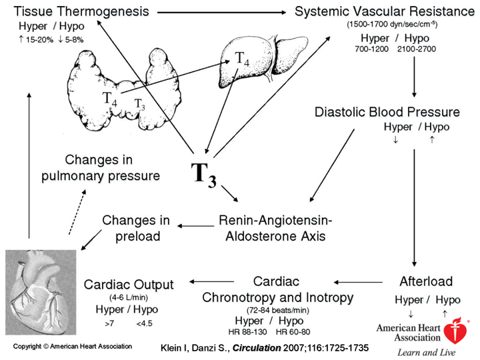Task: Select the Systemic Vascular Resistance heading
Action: tap(381, 11)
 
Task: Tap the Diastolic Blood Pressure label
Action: tap(387, 111)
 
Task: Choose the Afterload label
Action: tap(426, 281)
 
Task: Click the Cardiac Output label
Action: tap(129, 285)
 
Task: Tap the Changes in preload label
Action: tap(136, 227)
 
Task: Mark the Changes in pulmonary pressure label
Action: tap(112, 169)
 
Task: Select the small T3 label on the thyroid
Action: tap(139, 104)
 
